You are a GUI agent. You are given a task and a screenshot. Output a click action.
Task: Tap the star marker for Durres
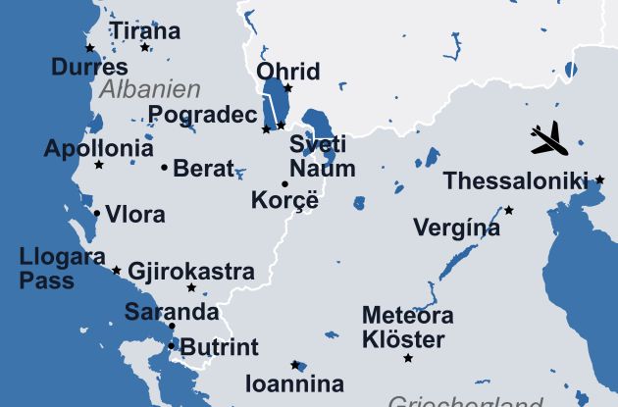pos(90,48)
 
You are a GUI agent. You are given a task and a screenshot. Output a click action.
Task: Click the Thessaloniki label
pos(515,181)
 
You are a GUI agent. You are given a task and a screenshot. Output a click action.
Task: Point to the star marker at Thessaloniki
pos(599,180)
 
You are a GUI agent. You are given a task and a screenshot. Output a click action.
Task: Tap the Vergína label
pos(456,229)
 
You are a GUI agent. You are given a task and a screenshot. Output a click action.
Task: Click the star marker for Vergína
pos(509,210)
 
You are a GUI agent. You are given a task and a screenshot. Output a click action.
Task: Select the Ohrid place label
pos(288,72)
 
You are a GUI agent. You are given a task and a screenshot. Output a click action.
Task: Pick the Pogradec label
pos(202,116)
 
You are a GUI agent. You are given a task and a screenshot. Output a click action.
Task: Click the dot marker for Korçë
pos(285,184)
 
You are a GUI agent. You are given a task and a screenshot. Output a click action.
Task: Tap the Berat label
pos(204,168)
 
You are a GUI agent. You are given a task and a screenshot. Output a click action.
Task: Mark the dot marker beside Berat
pos(164,167)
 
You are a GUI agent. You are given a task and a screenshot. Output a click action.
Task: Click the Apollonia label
pos(98,149)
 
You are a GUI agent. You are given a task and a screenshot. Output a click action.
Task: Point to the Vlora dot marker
pos(96,213)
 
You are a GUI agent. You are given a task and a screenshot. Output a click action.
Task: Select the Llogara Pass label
pos(62,269)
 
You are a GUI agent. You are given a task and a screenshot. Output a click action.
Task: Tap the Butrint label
pos(220,346)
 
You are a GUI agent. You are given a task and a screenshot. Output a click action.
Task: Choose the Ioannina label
pos(294,383)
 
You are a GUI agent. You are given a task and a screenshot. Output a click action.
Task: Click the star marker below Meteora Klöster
pos(408,358)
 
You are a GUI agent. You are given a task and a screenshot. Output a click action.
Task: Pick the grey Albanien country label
pos(150,89)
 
